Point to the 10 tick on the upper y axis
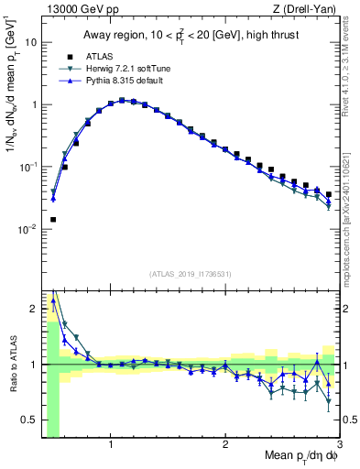[x=31, y=42]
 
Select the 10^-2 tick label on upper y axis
[x=27, y=229]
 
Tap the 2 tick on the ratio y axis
[x=33, y=308]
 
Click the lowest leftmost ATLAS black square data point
[x=53, y=220]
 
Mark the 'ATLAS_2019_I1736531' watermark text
[x=191, y=273]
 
